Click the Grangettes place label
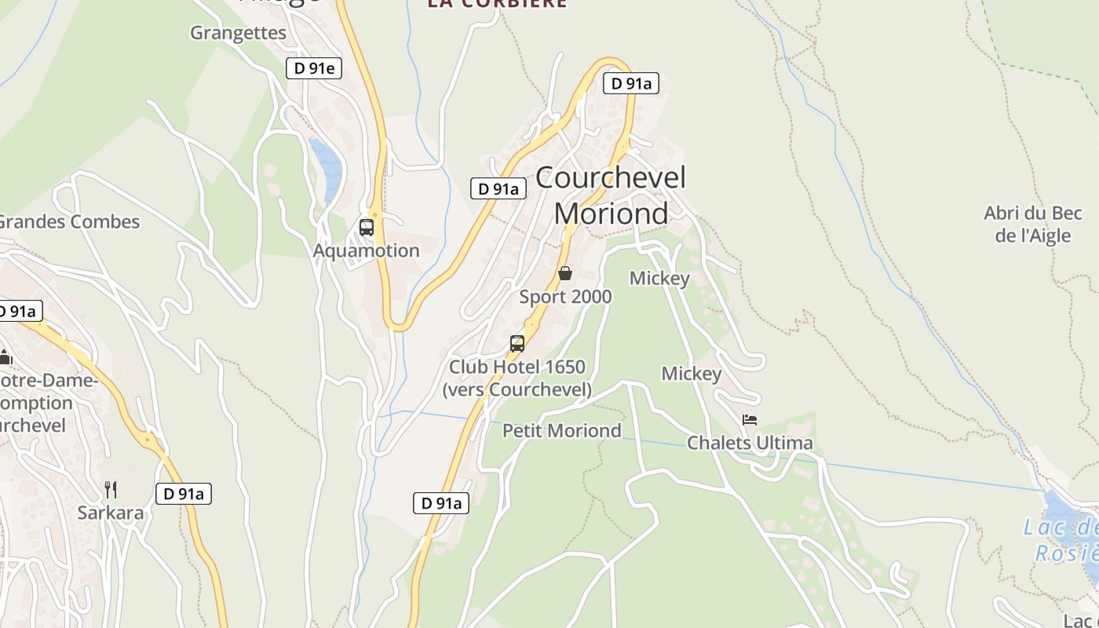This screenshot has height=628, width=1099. pyautogui.click(x=239, y=33)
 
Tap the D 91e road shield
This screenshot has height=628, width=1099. pyautogui.click(x=314, y=68)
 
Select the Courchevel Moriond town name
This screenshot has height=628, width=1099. pyautogui.click(x=611, y=195)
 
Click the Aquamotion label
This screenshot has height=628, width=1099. pyautogui.click(x=367, y=251)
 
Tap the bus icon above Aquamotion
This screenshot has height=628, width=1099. pyautogui.click(x=367, y=228)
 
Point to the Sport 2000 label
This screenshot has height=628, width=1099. pyautogui.click(x=565, y=297)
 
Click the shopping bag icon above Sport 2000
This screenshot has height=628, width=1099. pyautogui.click(x=565, y=273)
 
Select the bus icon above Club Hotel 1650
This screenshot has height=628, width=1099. pyautogui.click(x=517, y=343)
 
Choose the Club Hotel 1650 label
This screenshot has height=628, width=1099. pyautogui.click(x=517, y=378)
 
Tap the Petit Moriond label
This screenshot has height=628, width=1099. pyautogui.click(x=562, y=430)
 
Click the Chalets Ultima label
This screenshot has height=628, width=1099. pyautogui.click(x=750, y=444)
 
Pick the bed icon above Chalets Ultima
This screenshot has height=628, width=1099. pyautogui.click(x=750, y=420)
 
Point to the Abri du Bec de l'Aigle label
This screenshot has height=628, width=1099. pyautogui.click(x=1033, y=224)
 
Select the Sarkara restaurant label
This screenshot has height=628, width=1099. pyautogui.click(x=111, y=513)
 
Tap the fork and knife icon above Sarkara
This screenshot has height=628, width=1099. pyautogui.click(x=111, y=490)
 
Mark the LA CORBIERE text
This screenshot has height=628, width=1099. pyautogui.click(x=497, y=4)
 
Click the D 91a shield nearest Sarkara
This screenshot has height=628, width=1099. pyautogui.click(x=184, y=494)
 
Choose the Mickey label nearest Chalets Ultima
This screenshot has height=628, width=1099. pyautogui.click(x=692, y=374)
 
